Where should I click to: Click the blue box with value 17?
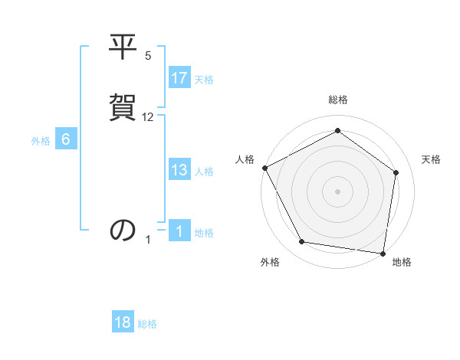point(179,78)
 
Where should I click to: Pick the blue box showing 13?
point(179,170)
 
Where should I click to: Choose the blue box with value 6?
point(65,139)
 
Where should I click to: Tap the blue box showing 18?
point(123,322)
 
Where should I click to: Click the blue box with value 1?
point(179,231)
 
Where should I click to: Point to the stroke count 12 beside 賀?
point(148,117)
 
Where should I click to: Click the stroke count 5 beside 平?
point(148,56)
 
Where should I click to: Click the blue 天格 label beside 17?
point(204,80)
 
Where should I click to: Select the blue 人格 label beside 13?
point(204,172)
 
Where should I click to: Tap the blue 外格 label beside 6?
point(41,141)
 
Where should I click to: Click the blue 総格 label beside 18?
point(147,324)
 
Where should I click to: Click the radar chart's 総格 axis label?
point(338,100)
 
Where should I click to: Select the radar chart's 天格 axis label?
point(432,159)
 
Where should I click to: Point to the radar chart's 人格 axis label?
point(245,159)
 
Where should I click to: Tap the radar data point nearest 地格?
point(383,253)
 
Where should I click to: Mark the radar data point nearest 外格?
point(303,243)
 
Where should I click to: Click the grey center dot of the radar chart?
point(338,191)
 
